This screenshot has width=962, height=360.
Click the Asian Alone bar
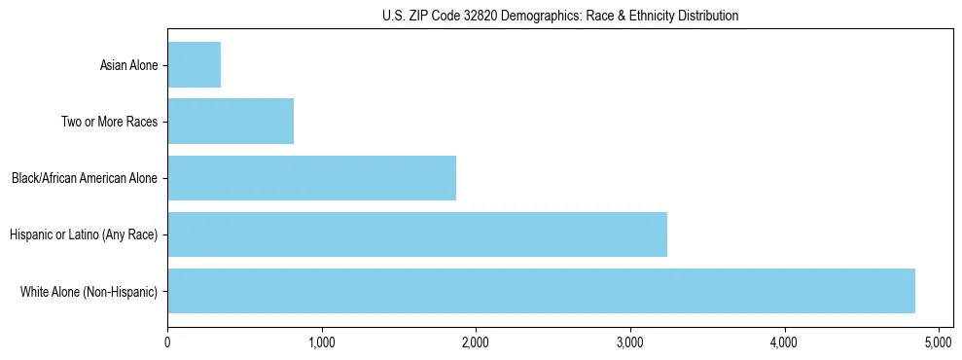pos(195,65)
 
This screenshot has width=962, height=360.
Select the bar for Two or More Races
pos(231,122)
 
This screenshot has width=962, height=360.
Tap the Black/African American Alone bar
pos(311,178)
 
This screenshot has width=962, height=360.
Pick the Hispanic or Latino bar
pos(417,234)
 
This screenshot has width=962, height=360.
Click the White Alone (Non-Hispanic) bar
pos(541,291)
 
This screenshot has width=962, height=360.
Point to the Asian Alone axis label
pos(128,66)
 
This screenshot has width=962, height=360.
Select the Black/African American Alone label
pos(84,179)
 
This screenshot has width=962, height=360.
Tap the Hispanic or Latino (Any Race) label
pos(83,235)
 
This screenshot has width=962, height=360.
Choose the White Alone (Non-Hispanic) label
pos(89,292)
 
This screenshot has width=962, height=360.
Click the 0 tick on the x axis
pos(167,342)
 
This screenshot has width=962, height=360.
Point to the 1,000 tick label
pos(321,342)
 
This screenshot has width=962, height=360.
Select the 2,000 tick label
pos(476,342)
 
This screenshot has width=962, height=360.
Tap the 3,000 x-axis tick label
pos(629,342)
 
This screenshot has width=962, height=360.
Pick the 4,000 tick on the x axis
pos(784,342)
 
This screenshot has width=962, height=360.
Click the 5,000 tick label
pos(938,342)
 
